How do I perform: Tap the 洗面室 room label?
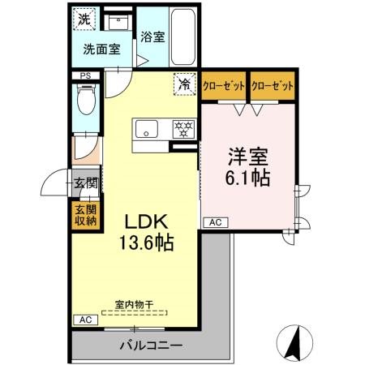101,48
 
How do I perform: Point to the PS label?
84,76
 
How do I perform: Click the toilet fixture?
84,102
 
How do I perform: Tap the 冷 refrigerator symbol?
185,83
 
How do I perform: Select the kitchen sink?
148,127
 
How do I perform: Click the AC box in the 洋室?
216,221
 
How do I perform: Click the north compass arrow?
294,340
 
